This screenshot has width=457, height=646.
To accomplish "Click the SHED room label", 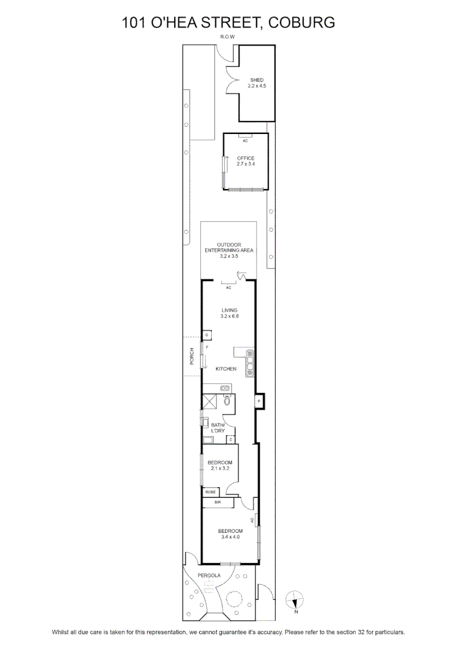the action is click(x=257, y=80).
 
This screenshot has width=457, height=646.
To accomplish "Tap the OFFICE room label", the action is click(x=246, y=158).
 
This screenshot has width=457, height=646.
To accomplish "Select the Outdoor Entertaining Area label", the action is click(x=229, y=248).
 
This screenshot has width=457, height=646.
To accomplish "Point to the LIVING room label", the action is click(x=230, y=310).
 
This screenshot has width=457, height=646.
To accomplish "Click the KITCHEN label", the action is click(x=226, y=368).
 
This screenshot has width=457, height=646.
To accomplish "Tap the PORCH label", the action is click(x=191, y=356).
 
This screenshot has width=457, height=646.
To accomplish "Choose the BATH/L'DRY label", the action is click(x=218, y=428).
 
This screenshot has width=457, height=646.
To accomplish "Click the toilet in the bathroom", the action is click(x=227, y=400).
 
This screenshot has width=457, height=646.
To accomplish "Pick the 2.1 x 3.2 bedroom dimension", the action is click(x=219, y=468).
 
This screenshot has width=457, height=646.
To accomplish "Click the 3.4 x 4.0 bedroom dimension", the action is click(x=230, y=537).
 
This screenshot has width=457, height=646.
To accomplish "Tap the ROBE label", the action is click(x=210, y=492).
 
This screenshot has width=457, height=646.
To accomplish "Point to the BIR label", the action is click(x=218, y=502).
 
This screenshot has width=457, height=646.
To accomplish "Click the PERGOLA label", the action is click(x=209, y=575).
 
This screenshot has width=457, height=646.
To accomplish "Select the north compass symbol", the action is click(x=295, y=600).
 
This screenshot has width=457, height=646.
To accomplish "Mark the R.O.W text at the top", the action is click(x=227, y=36).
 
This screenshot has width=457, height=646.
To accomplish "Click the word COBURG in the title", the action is click(x=301, y=22).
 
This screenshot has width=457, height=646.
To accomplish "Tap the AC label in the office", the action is click(x=245, y=141).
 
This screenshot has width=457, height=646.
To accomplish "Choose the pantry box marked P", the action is click(x=259, y=400).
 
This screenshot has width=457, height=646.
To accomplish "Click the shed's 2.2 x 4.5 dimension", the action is click(x=257, y=86).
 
